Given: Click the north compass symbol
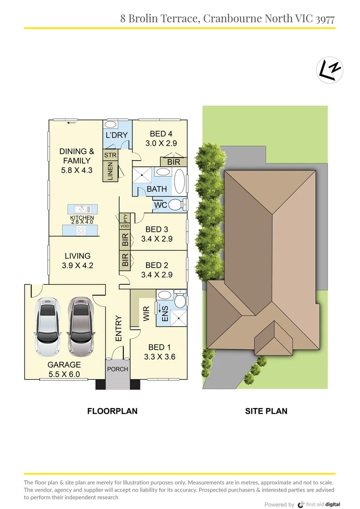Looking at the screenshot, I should pos(329,70).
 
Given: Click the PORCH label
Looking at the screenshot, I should pos(117,369).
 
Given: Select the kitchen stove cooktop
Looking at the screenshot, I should pos(81,231).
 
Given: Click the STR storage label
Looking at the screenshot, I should pos(110,155).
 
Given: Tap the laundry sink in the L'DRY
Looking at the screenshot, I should pos(112,125).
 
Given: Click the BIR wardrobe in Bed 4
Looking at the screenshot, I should pos(174,162).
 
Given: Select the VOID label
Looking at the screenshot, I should pos(125,226).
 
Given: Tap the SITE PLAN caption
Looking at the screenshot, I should pos(266,411).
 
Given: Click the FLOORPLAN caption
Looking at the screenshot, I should pos(112,411).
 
